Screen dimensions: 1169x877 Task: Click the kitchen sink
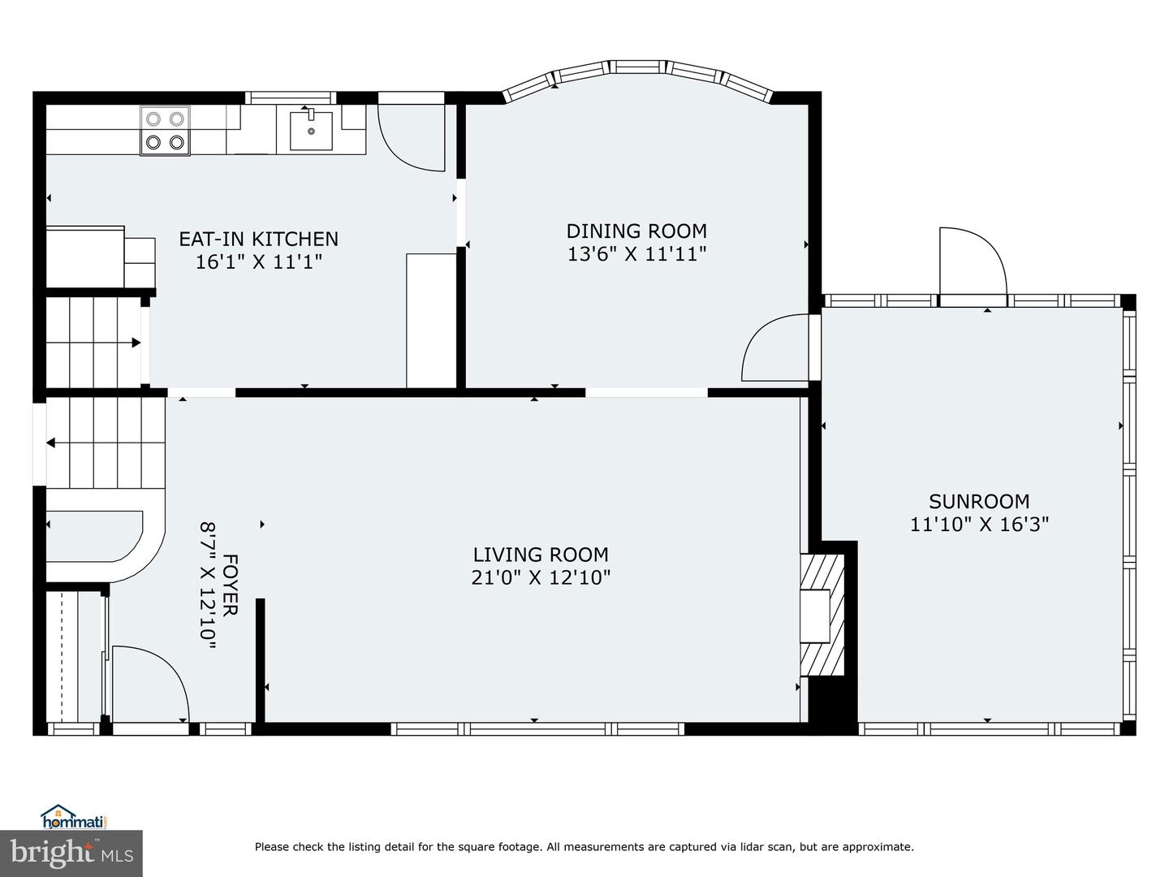pyautogui.click(x=311, y=130)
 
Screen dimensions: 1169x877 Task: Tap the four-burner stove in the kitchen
pyautogui.click(x=165, y=131)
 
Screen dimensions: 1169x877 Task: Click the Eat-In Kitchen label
pyautogui.click(x=259, y=239)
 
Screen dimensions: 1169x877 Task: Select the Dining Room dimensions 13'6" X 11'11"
pyautogui.click(x=637, y=254)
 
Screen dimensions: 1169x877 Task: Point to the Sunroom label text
pyautogui.click(x=979, y=502)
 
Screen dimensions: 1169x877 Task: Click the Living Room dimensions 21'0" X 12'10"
pyautogui.click(x=541, y=577)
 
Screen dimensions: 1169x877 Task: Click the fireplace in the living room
pyautogui.click(x=822, y=615)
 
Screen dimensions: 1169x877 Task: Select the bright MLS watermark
pyautogui.click(x=71, y=853)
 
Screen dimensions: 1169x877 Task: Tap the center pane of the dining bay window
pyautogui.click(x=637, y=67)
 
